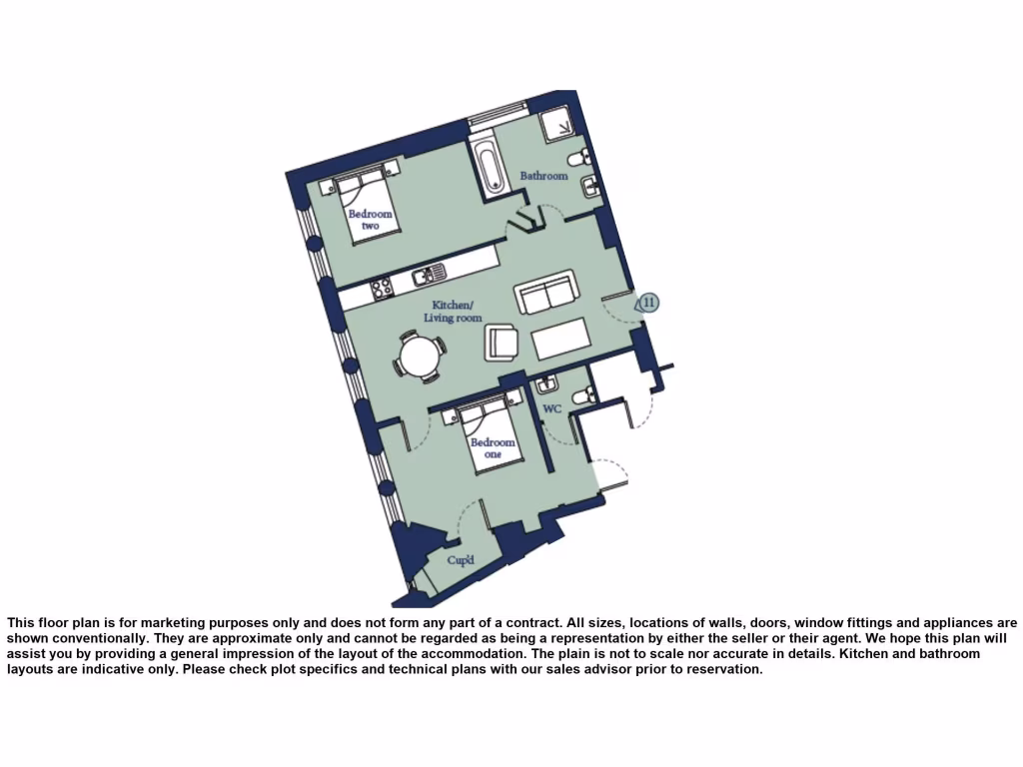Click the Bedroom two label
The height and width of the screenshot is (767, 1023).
(371, 220)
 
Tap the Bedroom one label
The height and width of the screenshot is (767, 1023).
(493, 448)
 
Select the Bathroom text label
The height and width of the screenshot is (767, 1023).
(543, 176)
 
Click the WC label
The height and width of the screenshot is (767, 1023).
(552, 409)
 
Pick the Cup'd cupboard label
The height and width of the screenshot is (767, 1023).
(460, 560)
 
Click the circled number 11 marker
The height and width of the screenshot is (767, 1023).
(648, 302)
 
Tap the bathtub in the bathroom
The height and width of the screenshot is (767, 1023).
(490, 168)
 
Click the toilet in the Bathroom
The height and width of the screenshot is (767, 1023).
(579, 160)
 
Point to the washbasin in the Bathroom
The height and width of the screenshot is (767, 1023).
(589, 184)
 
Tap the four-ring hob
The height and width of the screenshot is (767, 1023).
(382, 289)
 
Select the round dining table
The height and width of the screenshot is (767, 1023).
(420, 354)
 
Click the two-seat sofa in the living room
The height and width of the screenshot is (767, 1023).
(546, 291)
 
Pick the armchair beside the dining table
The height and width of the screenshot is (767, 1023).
(503, 342)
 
